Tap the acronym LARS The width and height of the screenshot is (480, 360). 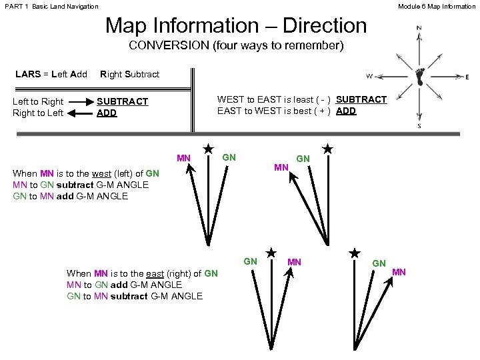pyautogui.click(x=27, y=73)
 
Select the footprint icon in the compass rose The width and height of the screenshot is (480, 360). pyautogui.click(x=420, y=76)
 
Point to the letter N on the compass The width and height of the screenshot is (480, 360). pyautogui.click(x=419, y=28)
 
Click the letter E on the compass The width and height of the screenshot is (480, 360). pyautogui.click(x=467, y=77)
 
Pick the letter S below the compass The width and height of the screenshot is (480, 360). pyautogui.click(x=419, y=125)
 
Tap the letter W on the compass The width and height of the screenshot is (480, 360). pyautogui.click(x=369, y=75)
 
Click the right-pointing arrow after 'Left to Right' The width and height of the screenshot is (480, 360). pyautogui.click(x=81, y=102)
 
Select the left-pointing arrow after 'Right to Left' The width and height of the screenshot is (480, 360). pyautogui.click(x=81, y=113)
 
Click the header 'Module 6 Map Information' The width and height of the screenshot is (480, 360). pyautogui.click(x=437, y=6)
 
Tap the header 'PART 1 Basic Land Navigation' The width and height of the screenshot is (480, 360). pyautogui.click(x=51, y=6)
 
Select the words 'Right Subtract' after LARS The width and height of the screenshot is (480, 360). pyautogui.click(x=130, y=73)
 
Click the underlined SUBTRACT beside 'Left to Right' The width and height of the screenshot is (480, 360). pyautogui.click(x=123, y=102)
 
